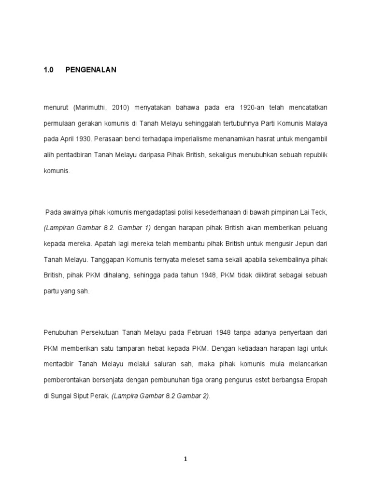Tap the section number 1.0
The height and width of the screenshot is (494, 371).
pos(48,70)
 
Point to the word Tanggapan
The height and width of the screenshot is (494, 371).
pos(112,260)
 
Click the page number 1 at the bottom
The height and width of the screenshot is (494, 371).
pos(185,460)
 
